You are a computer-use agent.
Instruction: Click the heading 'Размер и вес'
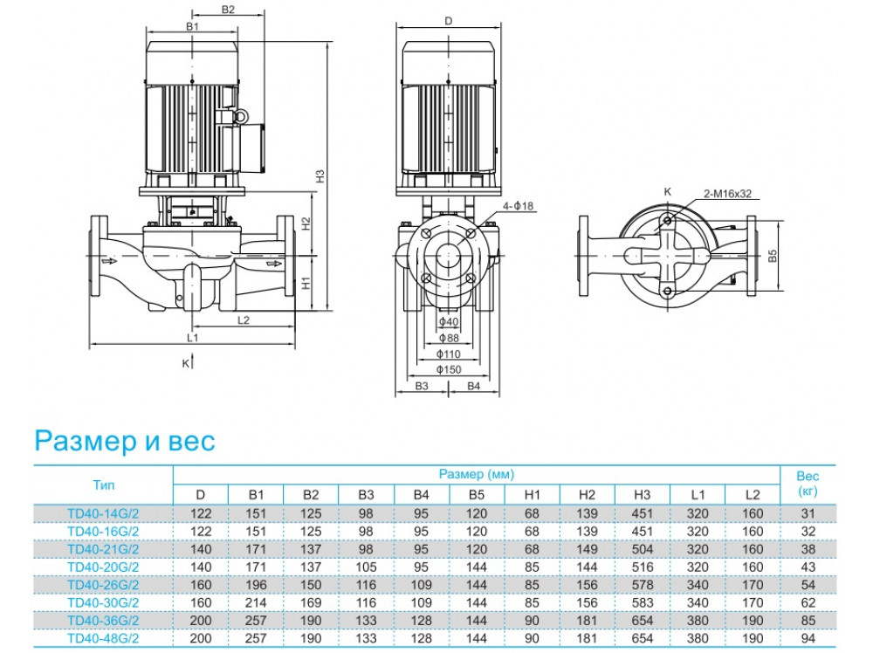coord(124,441)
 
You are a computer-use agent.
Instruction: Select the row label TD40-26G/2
coord(103,584)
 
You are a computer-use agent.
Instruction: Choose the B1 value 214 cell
coord(256,602)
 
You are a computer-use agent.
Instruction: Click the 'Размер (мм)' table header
coord(477,474)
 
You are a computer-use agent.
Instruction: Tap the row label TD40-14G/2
coord(103,512)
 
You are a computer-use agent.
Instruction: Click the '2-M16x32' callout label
coord(727,195)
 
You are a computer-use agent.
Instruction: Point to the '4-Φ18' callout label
coord(519,206)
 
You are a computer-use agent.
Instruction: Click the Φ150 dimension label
coord(448,369)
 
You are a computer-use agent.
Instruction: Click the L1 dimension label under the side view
coord(193,337)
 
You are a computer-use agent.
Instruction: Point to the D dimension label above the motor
coord(448,20)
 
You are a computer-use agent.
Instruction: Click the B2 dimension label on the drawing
coord(228,10)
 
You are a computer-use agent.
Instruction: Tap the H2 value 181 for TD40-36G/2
coord(587,620)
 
